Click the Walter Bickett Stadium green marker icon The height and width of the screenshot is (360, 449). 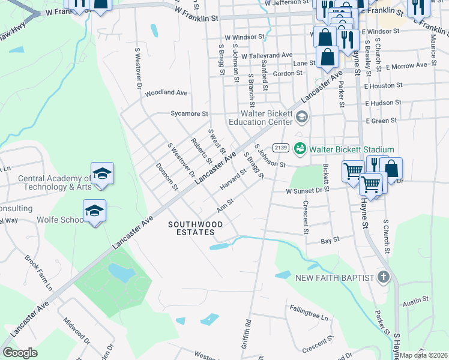point(300,149)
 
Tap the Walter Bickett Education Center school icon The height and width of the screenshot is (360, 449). point(301,116)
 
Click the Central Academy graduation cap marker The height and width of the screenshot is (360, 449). point(102,174)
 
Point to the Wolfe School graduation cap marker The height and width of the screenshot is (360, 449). point(94,211)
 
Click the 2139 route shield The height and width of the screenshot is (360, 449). point(280,148)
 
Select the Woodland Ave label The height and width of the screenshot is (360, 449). point(166,93)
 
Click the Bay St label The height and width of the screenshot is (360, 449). point(330,239)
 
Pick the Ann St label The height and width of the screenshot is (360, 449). point(225,206)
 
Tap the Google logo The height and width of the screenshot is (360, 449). point(20,353)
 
